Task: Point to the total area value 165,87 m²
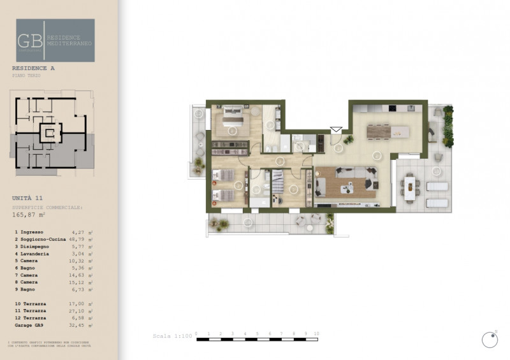pos(32,215)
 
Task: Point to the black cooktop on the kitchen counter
pos(393,108)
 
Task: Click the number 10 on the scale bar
pos(317,333)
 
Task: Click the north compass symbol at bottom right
pos(490,339)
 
